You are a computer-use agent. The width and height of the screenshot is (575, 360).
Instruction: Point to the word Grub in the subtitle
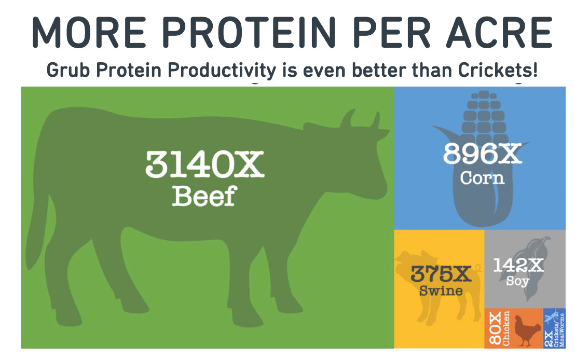click(68, 70)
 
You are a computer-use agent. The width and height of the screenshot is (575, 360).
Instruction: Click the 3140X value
click(204, 164)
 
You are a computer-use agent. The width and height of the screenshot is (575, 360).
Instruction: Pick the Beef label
click(204, 196)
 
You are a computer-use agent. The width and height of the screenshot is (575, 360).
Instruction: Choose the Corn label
click(482, 178)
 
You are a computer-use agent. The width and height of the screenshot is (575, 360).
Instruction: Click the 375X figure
click(441, 273)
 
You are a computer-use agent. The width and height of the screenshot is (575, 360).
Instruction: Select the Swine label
click(441, 290)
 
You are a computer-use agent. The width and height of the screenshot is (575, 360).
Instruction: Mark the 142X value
click(518, 265)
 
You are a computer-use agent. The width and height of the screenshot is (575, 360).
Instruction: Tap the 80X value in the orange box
click(495, 328)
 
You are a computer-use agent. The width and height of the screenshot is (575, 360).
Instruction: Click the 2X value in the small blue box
click(548, 339)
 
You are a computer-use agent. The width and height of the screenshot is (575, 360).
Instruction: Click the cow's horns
click(359, 119)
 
